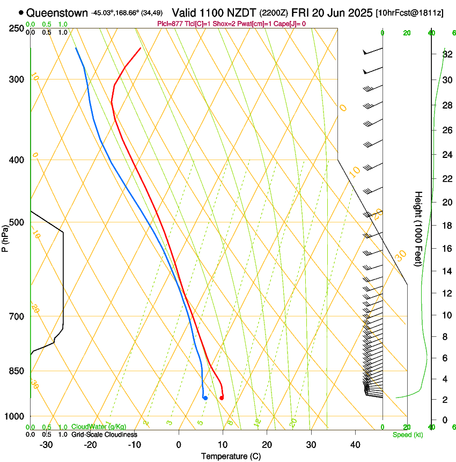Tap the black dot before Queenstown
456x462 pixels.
(21, 12)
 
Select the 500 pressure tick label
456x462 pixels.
(17, 222)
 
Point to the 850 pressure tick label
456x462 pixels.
(17, 371)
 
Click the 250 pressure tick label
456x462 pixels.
(17, 28)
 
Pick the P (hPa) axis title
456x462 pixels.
(5, 237)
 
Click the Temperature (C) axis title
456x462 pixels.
(231, 456)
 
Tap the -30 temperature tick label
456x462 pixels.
(46, 445)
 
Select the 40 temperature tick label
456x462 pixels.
(355, 445)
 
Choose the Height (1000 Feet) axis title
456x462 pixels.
(418, 229)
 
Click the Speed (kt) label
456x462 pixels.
(407, 435)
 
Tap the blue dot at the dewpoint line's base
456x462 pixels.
(205, 398)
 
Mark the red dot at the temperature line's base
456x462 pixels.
(222, 398)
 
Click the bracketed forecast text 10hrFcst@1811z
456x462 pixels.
(409, 12)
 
